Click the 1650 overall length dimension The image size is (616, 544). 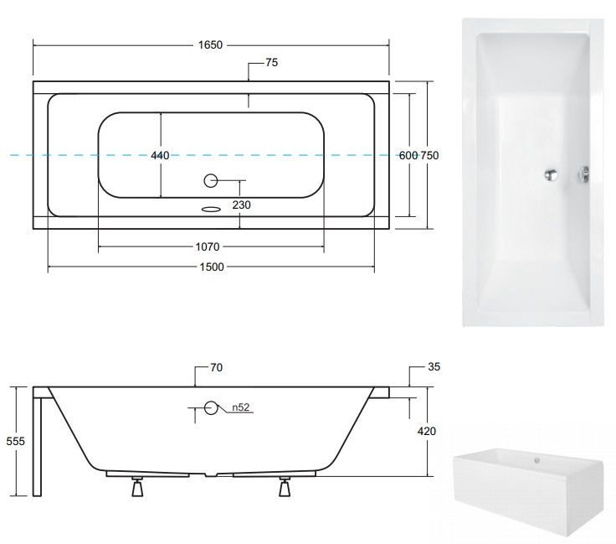tap(210, 44)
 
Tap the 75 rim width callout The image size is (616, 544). tap(271, 63)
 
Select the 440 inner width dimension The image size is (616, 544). tap(160, 155)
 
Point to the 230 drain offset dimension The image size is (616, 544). tap(241, 205)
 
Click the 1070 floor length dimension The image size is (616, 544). tap(208, 246)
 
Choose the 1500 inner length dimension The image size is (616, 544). tap(212, 267)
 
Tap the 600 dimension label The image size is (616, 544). tap(408, 155)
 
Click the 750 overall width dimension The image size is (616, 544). tap(429, 155)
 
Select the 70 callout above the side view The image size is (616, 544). tap(216, 367)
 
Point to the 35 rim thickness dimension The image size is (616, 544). tap(434, 366)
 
